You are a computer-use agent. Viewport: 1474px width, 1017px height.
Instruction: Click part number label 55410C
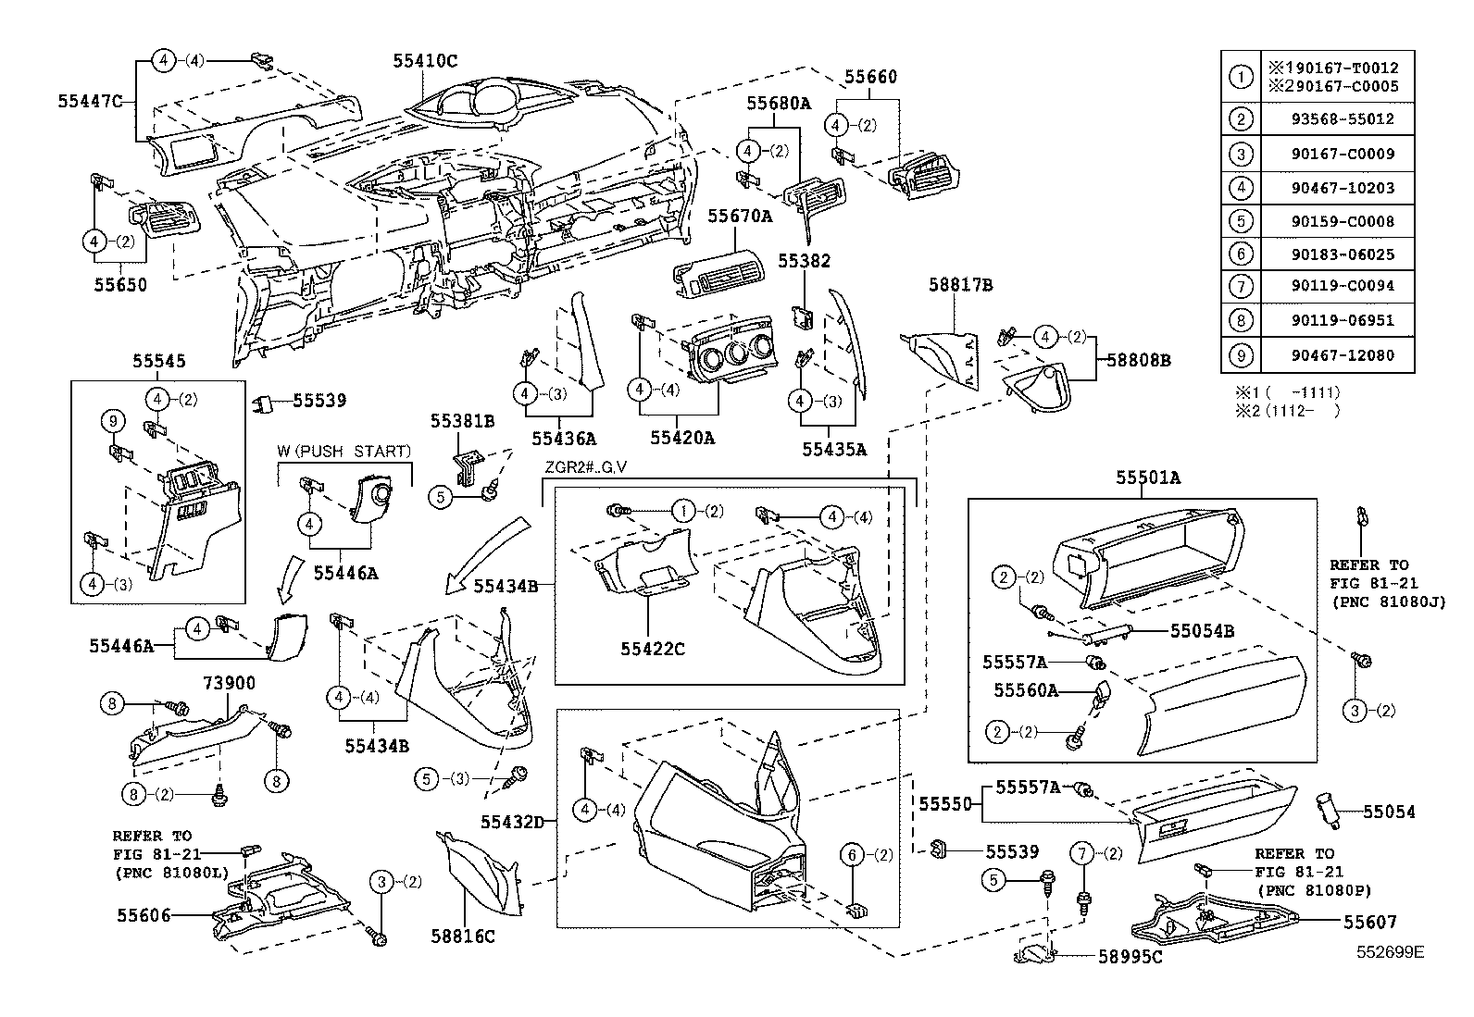point(424,60)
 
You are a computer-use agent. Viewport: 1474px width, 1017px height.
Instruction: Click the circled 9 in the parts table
point(1240,354)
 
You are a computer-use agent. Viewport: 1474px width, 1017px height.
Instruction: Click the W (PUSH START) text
point(344,452)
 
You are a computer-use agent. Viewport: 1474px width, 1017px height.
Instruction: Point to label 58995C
point(1130,957)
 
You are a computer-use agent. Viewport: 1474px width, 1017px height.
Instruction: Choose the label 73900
point(229,683)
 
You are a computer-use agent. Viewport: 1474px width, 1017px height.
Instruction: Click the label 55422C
point(653,649)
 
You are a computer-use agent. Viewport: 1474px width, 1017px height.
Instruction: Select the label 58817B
point(960,286)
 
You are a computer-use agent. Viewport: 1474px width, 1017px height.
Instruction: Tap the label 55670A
point(740,216)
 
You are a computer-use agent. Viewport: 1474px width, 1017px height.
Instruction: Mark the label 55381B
point(462,421)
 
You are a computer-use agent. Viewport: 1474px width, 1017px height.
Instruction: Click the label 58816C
point(462,936)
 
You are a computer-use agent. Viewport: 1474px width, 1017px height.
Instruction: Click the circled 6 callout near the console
point(853,855)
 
